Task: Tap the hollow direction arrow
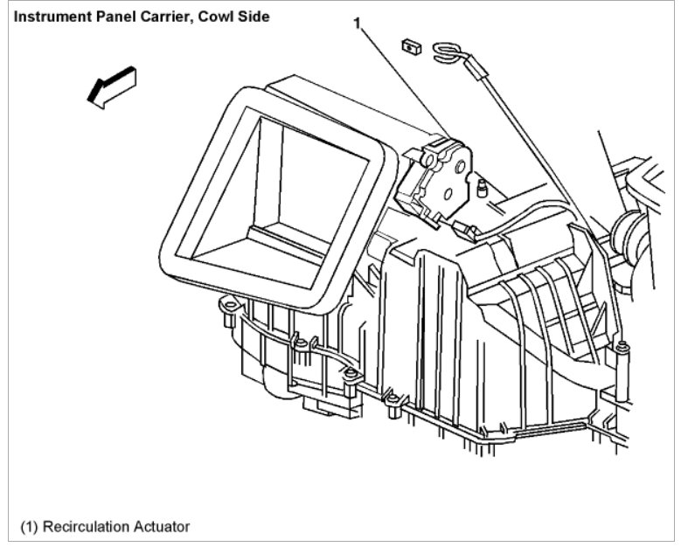[x=112, y=87]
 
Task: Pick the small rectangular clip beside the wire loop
[x=407, y=45]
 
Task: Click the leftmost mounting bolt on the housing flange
[x=225, y=307]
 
